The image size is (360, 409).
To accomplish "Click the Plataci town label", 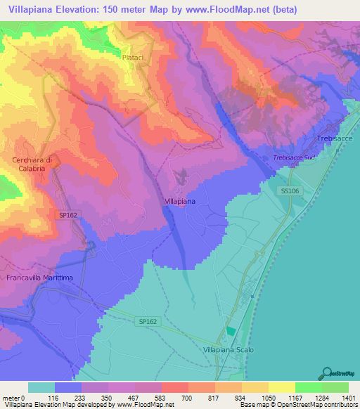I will tap(132, 56).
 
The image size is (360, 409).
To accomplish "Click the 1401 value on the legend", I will tap(349, 397).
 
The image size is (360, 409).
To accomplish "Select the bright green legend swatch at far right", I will tap(335, 387).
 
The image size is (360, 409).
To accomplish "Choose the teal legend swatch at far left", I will tap(41, 387).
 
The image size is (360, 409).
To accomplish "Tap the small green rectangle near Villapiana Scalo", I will tap(231, 331).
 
